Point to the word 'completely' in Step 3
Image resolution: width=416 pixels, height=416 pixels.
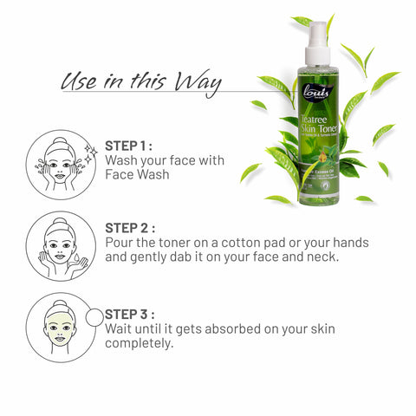point(138,343)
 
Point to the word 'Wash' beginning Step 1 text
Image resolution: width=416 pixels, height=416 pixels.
point(121,160)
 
